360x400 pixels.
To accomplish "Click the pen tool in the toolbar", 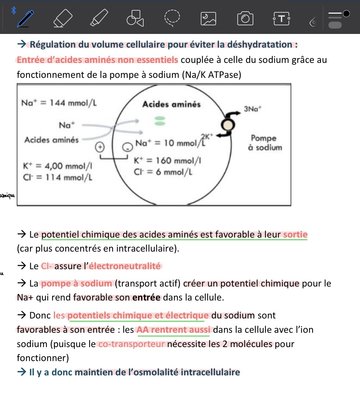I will pos(22,18).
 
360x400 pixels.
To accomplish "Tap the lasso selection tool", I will pos(172,18).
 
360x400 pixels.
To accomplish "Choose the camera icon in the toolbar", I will pos(245,18).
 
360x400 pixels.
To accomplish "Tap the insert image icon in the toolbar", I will pos(208,18).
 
